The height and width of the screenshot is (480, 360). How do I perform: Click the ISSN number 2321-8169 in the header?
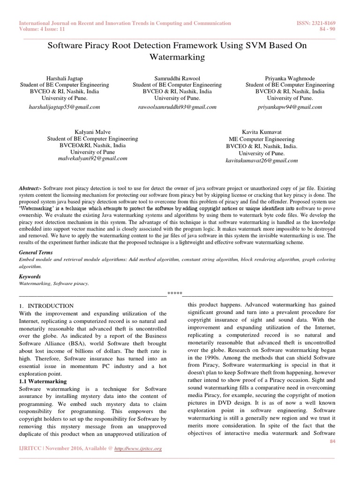(324, 23)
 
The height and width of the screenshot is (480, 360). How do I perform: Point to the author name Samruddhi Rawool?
(177, 78)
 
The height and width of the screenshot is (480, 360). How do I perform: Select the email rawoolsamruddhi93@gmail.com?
(177, 107)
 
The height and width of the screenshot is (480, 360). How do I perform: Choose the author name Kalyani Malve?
(93, 132)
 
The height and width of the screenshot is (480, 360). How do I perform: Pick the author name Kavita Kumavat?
(262, 132)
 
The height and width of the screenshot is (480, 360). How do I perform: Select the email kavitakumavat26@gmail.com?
(262, 160)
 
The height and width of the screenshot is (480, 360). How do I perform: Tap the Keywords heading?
(30, 277)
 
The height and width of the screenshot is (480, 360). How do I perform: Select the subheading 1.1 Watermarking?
(43, 382)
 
